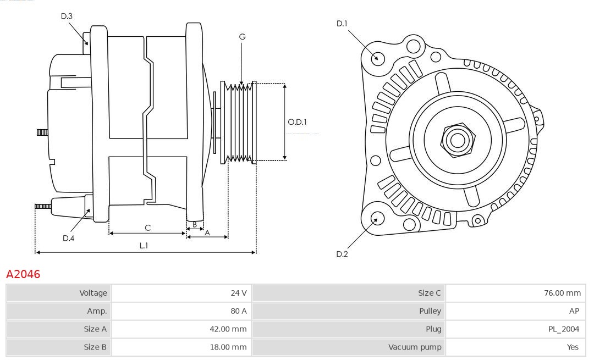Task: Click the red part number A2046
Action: [23, 274]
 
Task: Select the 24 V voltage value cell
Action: [239, 293]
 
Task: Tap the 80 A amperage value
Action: [239, 311]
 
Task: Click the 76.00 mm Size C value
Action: [562, 293]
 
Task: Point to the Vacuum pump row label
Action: [415, 347]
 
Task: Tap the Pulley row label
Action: [430, 311]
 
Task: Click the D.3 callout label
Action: [67, 16]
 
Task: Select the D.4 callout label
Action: [68, 238]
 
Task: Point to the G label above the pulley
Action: [242, 37]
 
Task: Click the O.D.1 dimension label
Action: [298, 122]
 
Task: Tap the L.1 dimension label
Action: [143, 246]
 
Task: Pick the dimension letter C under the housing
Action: [147, 228]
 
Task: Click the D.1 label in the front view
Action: [342, 23]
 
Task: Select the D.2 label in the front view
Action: [342, 254]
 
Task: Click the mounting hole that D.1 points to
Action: [377, 58]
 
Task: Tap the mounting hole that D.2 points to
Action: [377, 219]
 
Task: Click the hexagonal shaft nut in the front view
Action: [457, 140]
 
